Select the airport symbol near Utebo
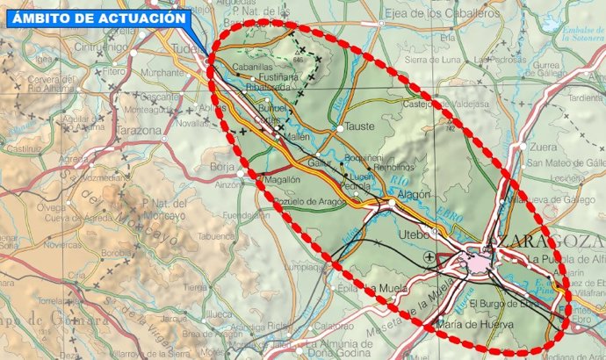click(x=429, y=256)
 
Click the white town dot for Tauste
click(x=341, y=129)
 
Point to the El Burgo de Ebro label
click(x=503, y=304)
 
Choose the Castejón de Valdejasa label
click(x=445, y=104)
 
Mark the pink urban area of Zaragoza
click(x=480, y=263)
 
